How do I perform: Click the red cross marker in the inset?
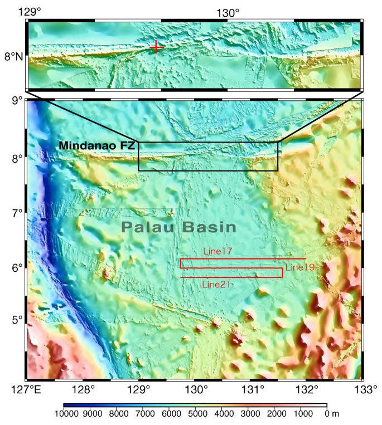(x=157, y=47)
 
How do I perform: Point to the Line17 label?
(x=216, y=251)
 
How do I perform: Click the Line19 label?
(x=300, y=268)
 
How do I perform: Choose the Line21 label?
(x=216, y=284)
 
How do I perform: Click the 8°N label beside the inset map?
(x=13, y=56)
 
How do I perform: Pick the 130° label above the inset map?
(x=228, y=12)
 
